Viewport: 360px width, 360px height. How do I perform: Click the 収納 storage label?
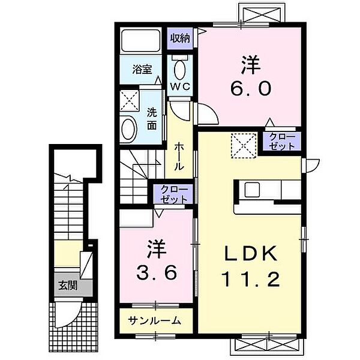point(180,38)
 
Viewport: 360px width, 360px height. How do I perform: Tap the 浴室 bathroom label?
point(142,69)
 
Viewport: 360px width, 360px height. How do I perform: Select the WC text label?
point(180,86)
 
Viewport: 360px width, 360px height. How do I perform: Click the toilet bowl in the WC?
point(180,70)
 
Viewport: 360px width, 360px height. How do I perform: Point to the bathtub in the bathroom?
point(140,40)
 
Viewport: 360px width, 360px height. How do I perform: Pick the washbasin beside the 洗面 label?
point(129,128)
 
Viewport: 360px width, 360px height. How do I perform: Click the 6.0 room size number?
point(251,89)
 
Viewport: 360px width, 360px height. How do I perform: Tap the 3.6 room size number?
point(157,272)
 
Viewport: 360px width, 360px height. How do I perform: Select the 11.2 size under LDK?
point(250,280)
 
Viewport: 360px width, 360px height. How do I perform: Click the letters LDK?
point(251,253)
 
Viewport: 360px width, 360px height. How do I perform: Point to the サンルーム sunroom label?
point(155,320)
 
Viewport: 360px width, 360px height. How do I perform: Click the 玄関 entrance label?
point(68,286)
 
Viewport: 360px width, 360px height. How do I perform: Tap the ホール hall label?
point(179,157)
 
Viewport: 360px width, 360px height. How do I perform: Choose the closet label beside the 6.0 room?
point(282,142)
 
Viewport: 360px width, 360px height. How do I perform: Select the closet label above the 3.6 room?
point(174,194)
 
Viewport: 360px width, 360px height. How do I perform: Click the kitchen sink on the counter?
point(252,190)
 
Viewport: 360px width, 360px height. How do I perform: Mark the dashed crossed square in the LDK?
point(244,146)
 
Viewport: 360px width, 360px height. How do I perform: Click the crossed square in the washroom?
point(130,101)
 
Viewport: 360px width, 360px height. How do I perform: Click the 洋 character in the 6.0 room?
point(250,65)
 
